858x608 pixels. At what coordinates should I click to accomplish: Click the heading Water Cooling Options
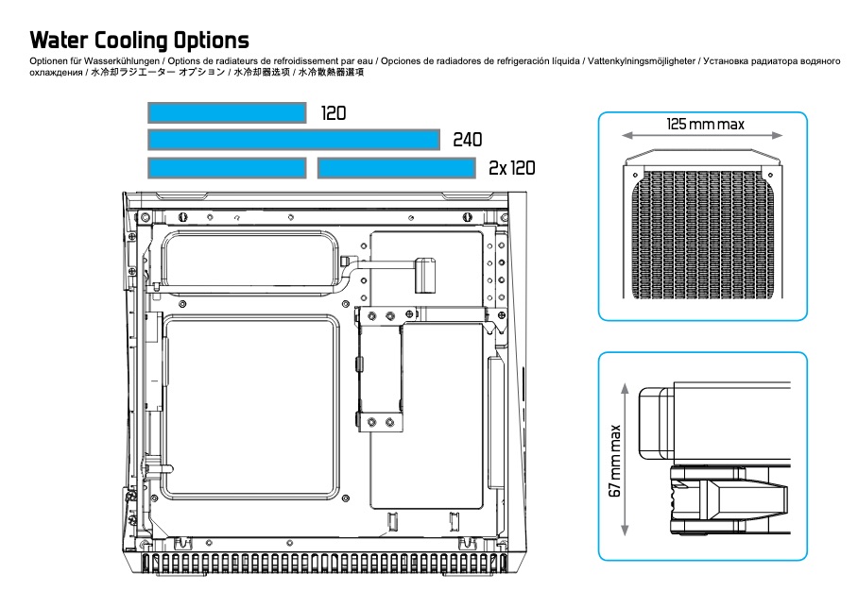point(139,41)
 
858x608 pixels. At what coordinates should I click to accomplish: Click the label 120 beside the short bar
point(334,113)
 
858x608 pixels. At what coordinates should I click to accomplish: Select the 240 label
point(468,140)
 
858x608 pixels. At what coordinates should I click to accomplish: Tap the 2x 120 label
point(511,168)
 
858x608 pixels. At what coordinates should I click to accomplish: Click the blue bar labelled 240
point(294,140)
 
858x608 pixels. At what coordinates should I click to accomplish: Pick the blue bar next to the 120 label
point(227,112)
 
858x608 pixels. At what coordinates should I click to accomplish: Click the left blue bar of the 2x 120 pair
point(227,168)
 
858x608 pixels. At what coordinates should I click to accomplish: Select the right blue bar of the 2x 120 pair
point(396,168)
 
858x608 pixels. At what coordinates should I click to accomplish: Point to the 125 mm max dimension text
point(705,124)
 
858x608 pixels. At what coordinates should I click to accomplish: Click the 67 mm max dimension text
point(615,461)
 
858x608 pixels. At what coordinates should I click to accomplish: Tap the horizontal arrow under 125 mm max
point(703,135)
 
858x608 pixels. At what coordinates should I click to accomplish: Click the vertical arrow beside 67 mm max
point(625,459)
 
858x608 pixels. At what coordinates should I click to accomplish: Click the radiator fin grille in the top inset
point(703,235)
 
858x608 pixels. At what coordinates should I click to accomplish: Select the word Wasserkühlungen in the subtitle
point(122,61)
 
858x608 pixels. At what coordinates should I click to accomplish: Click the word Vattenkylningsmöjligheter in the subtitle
point(642,61)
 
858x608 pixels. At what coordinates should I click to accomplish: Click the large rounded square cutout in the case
point(251,407)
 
